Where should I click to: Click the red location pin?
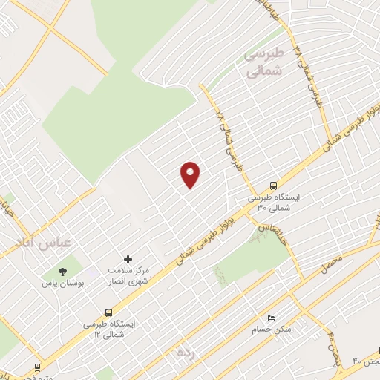point(191,174)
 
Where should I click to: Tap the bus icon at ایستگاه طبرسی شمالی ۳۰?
point(273,186)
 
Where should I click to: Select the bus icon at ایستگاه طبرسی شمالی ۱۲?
point(110,313)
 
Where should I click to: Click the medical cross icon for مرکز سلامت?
point(128,260)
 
